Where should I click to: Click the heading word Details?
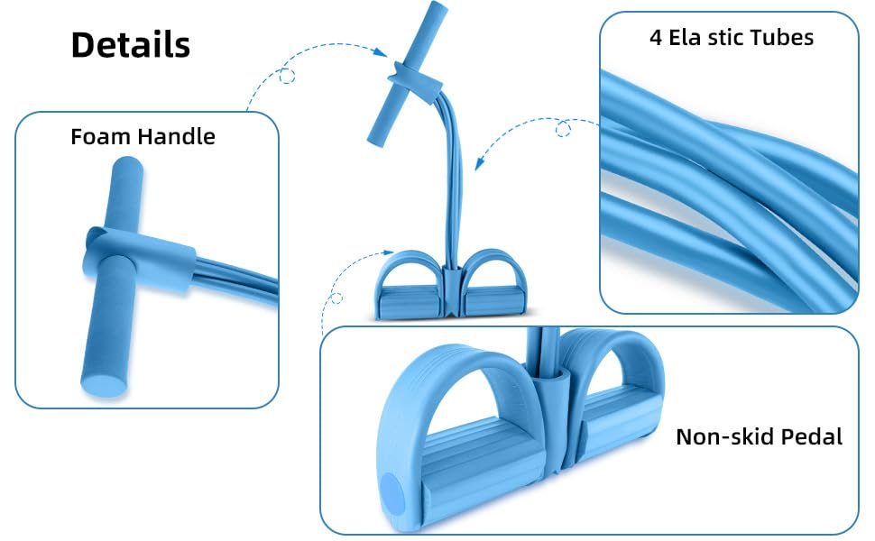(131, 44)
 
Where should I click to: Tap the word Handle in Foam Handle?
(176, 137)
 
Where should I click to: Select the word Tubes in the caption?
(780, 38)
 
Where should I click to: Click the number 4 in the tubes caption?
(656, 38)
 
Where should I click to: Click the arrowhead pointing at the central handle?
(380, 52)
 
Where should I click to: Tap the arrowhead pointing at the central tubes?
(479, 163)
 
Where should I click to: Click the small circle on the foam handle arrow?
(287, 76)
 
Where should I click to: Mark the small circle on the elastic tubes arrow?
(563, 130)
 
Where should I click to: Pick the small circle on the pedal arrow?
(336, 298)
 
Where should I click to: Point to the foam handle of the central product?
(408, 74)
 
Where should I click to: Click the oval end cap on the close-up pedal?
(393, 495)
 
